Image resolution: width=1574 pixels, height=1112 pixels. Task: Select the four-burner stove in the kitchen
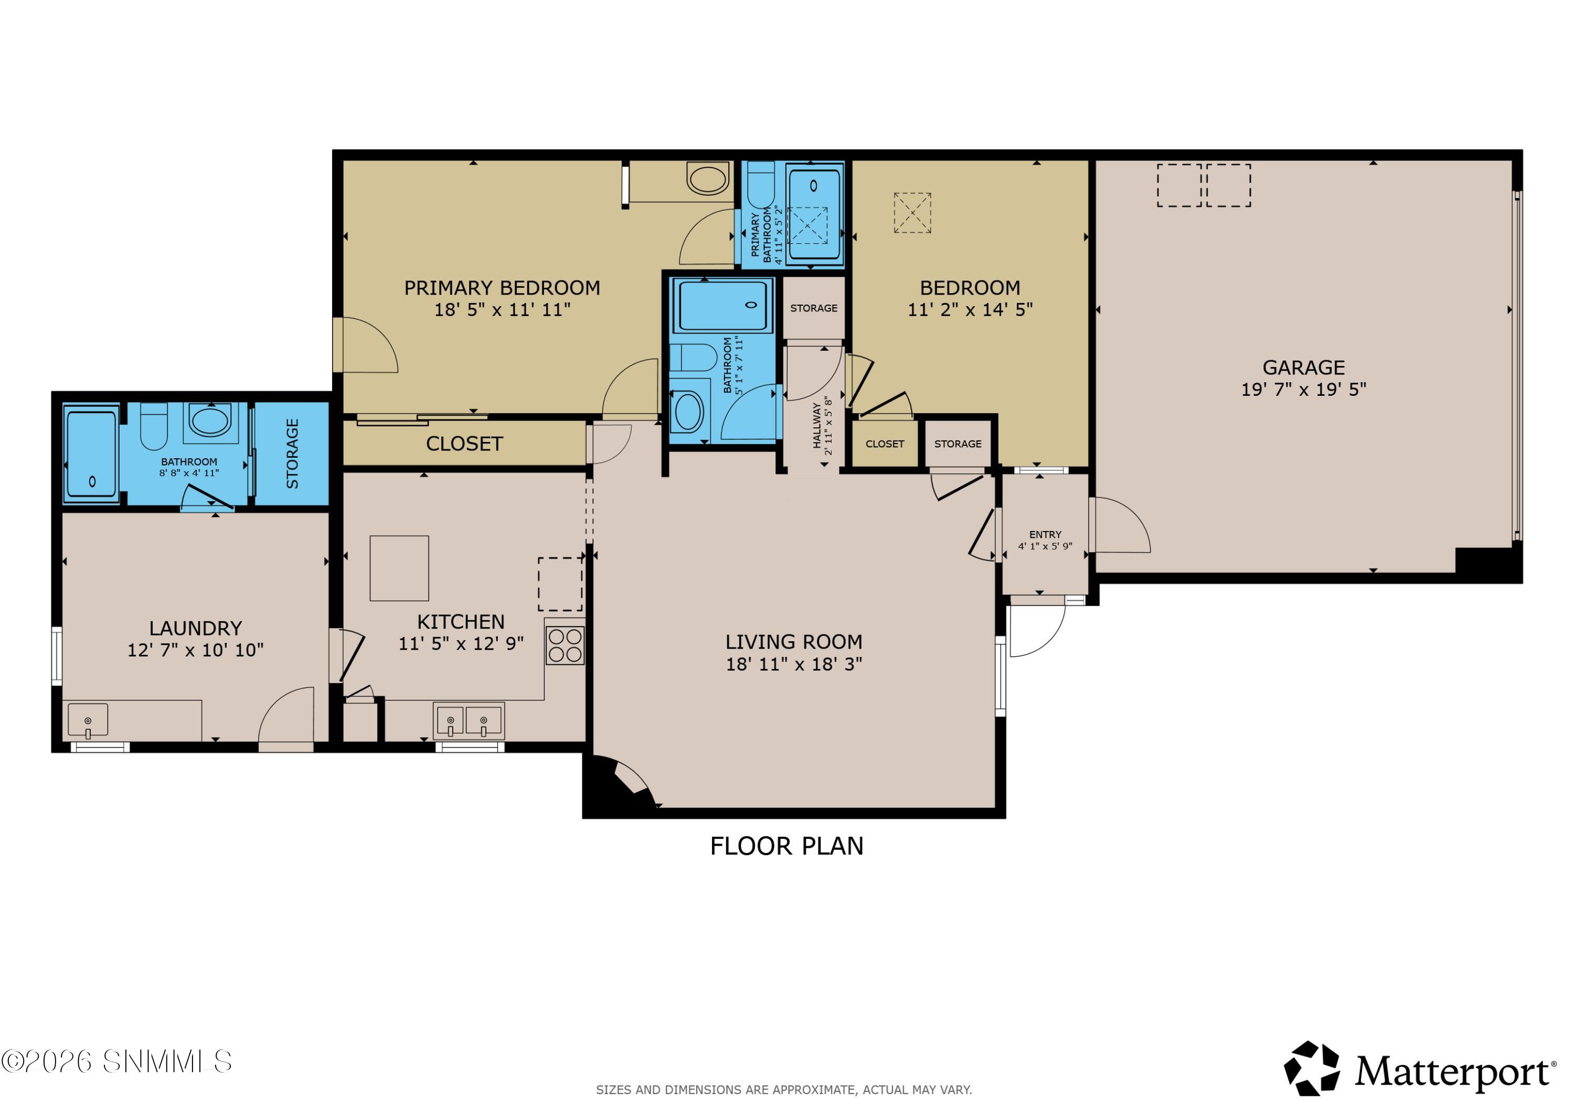tap(565, 645)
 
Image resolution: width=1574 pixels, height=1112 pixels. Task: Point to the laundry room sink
tap(88, 720)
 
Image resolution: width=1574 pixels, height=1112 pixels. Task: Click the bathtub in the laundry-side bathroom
tap(91, 454)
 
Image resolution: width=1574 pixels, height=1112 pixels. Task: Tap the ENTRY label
tap(1045, 534)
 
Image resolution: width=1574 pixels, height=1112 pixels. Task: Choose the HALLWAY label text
tap(816, 426)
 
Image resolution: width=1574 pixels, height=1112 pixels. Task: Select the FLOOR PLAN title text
tap(786, 846)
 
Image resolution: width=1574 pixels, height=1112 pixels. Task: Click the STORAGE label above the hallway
tap(814, 308)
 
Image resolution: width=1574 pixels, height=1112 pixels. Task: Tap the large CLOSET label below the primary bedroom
tap(464, 444)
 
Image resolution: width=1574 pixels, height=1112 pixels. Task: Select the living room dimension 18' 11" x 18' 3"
tap(794, 664)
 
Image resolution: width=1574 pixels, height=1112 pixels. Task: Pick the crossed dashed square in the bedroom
tap(912, 213)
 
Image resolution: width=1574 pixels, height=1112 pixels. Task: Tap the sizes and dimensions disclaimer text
tap(783, 1089)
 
